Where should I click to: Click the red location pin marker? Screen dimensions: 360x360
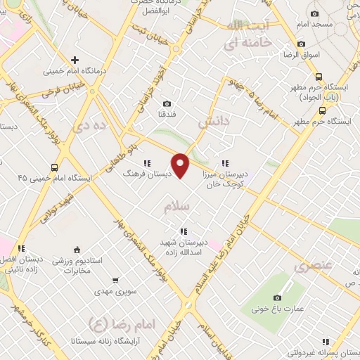pos(181,165)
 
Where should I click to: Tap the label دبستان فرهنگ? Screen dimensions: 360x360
pos(143,172)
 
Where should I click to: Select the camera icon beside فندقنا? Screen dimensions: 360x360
pos(167,104)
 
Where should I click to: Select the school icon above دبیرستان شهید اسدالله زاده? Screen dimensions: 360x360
pos(184,231)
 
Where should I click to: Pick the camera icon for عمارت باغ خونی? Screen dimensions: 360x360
pos(278,297)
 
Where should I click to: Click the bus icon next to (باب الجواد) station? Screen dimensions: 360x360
pos(319,77)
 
